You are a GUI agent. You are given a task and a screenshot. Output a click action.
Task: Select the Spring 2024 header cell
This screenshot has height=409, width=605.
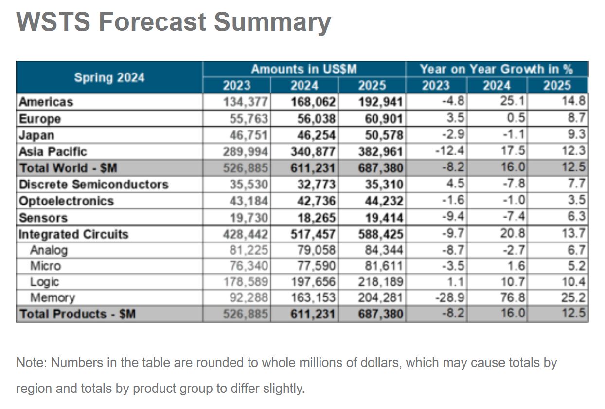[109, 77]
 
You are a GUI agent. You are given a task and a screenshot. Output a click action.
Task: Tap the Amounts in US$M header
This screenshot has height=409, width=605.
[304, 69]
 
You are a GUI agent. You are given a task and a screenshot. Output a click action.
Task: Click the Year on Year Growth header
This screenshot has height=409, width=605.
[497, 69]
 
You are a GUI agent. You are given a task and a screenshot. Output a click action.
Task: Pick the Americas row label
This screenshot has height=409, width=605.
[46, 102]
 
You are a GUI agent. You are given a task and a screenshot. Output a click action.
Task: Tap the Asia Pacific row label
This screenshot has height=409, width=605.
[53, 151]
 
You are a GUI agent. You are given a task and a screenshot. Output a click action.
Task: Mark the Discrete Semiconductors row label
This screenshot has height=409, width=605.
[93, 185]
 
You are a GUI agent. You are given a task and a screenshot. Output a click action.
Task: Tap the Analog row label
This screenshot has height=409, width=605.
[49, 250]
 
